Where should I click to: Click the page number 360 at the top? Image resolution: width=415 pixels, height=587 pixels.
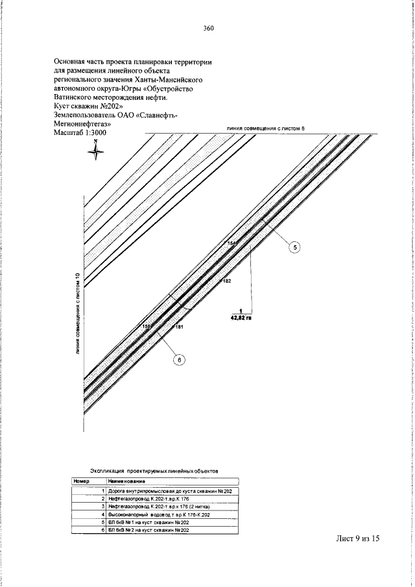(x=208, y=28)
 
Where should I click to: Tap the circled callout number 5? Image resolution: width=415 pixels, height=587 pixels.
(x=293, y=247)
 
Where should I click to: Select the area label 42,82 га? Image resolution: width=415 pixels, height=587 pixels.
(x=241, y=318)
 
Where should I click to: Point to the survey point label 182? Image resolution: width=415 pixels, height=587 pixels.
(x=226, y=282)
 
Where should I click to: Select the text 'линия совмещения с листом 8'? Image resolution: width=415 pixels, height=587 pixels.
(x=265, y=129)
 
